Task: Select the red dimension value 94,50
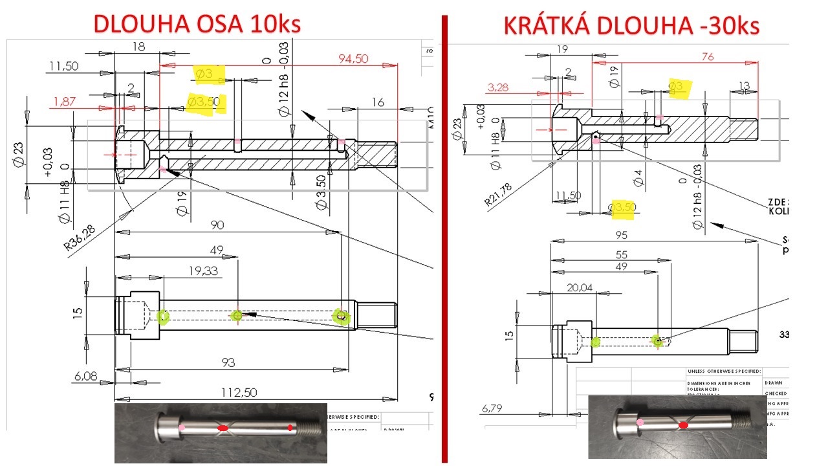[x=353, y=59]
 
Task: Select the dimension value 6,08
[x=85, y=375]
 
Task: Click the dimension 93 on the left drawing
[x=228, y=362]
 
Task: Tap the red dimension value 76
[x=707, y=57]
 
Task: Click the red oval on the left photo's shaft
[x=223, y=428]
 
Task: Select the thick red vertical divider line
[x=444, y=239]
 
